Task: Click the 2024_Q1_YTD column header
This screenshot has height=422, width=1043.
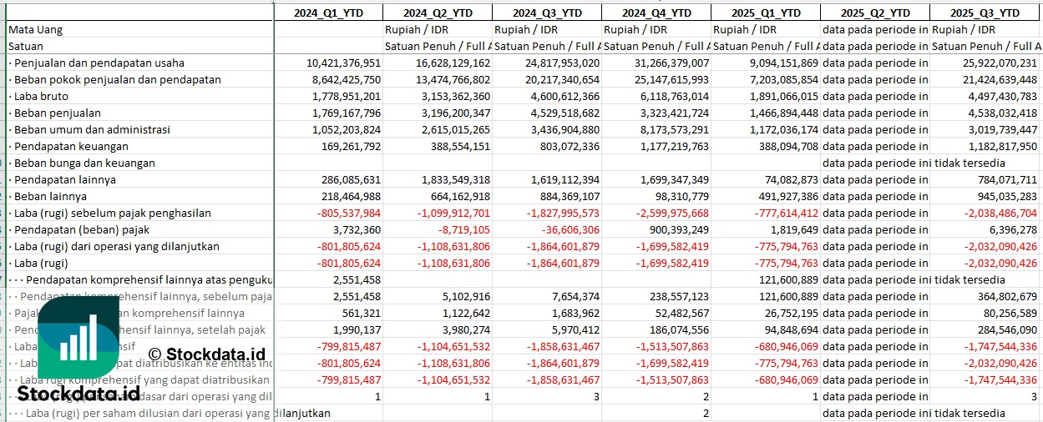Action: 328,13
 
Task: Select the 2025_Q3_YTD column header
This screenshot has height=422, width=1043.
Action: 985,13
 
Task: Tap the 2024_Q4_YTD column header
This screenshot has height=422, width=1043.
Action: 656,13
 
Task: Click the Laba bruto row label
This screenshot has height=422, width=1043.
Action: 39,96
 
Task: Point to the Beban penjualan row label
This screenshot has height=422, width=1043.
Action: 56,113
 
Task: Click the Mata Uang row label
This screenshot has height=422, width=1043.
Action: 35,29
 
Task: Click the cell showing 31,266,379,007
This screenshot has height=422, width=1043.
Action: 660,63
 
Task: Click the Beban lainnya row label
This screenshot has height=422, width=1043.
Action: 49,196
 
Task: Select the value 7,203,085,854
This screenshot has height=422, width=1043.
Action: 769,79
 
